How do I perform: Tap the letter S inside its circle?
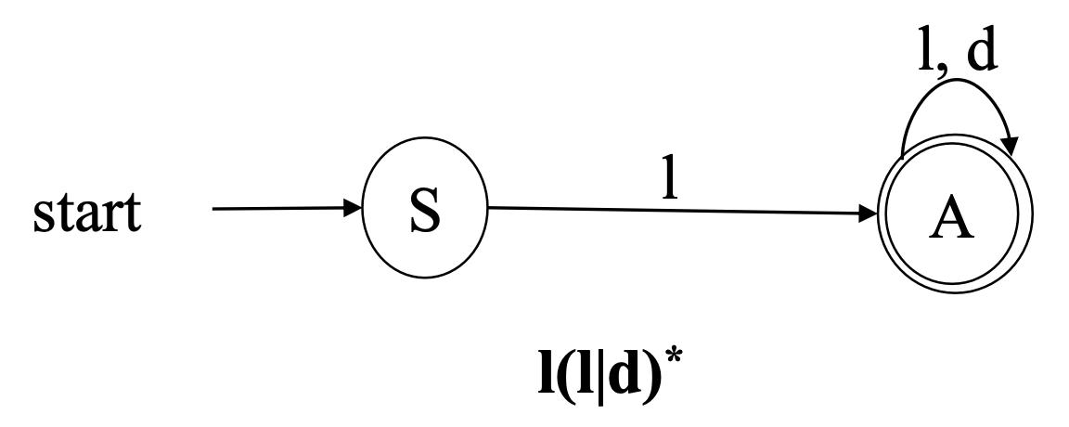click(x=424, y=215)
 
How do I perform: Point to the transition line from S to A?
click(x=650, y=212)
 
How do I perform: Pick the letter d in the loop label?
click(x=978, y=53)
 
